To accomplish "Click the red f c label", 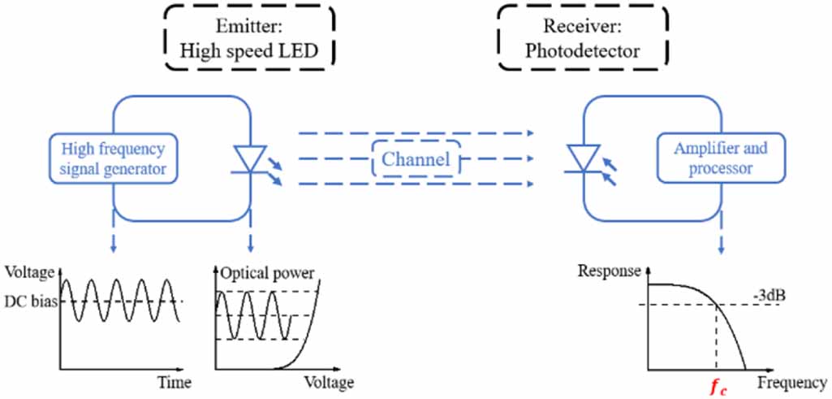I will (x=717, y=388).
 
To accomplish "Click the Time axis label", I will (x=173, y=380).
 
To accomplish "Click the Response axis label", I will (x=608, y=271).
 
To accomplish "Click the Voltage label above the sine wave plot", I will (x=30, y=272).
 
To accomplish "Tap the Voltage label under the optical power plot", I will (x=329, y=381).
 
